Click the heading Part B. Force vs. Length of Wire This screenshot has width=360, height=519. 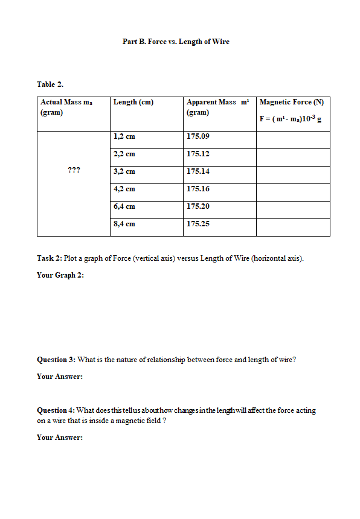click(x=176, y=42)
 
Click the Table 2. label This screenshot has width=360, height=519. click(x=50, y=84)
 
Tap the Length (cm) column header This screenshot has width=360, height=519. click(x=133, y=102)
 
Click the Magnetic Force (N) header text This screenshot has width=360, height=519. click(x=292, y=102)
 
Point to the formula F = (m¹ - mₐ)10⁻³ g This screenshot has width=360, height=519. click(x=290, y=118)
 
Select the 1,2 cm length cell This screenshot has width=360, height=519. click(x=124, y=136)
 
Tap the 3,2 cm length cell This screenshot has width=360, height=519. click(x=124, y=171)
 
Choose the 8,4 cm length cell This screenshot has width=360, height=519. click(x=124, y=224)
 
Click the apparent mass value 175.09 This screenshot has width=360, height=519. click(x=198, y=136)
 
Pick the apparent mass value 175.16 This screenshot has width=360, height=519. click(x=198, y=189)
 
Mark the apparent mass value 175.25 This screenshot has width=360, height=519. click(x=198, y=224)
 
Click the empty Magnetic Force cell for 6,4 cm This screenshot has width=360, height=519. click(x=293, y=206)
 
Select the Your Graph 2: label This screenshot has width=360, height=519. click(x=60, y=275)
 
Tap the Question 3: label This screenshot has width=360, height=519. click(x=56, y=360)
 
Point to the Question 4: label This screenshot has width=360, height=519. click(x=56, y=410)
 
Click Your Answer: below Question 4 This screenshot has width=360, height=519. click(x=60, y=437)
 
